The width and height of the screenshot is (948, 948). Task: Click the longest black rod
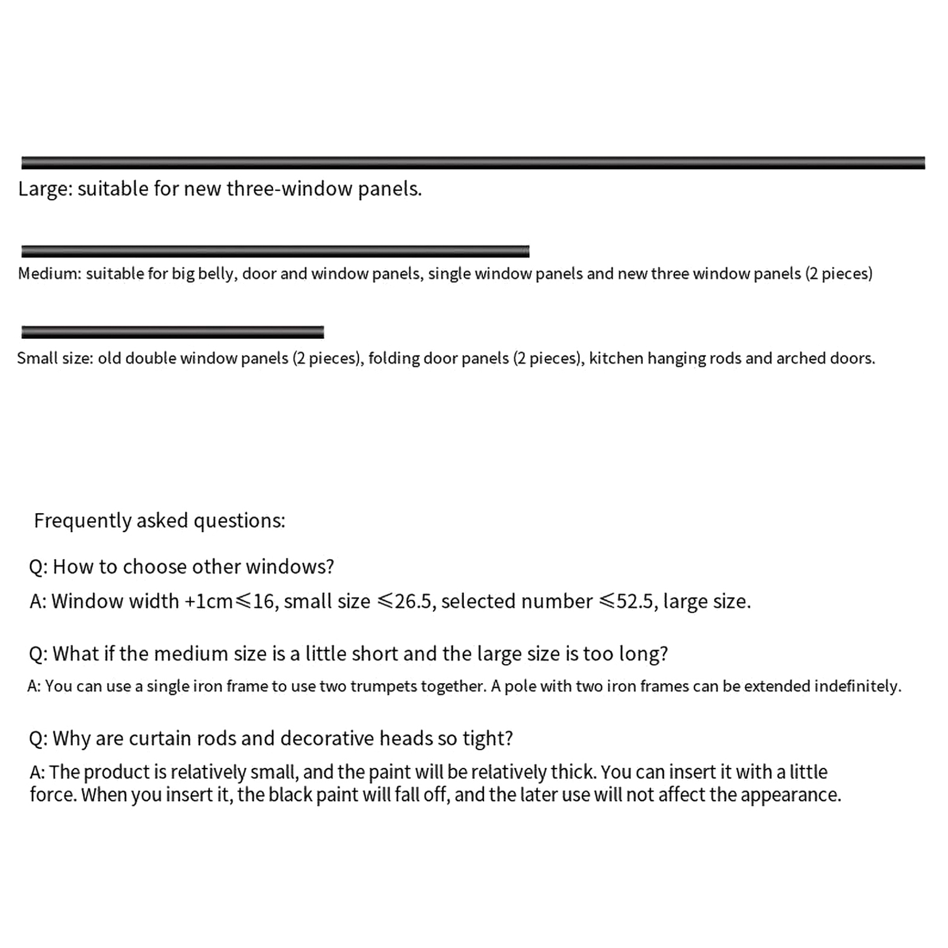pyautogui.click(x=473, y=163)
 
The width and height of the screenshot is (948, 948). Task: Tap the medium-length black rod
pyautogui.click(x=275, y=251)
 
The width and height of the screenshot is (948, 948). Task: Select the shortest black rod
pyautogui.click(x=172, y=332)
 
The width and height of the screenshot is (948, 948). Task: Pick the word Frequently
pyautogui.click(x=82, y=521)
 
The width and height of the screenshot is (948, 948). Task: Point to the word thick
pyautogui.click(x=573, y=772)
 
